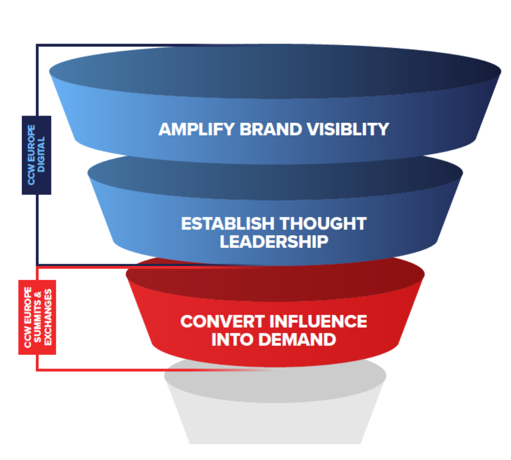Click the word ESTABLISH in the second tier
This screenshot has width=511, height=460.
tap(227, 224)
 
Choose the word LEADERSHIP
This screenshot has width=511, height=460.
tap(274, 241)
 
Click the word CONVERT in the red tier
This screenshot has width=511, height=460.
tap(220, 321)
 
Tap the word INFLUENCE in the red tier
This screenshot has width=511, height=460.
tap(318, 321)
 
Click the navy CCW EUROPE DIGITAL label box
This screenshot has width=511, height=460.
tap(36, 155)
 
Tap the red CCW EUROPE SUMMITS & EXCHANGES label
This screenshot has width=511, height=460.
tap(37, 317)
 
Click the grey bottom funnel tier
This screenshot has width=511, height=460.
tap(275, 409)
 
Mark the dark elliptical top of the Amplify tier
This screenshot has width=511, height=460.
tap(275, 69)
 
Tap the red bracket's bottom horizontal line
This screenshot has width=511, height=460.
tap(102, 370)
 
